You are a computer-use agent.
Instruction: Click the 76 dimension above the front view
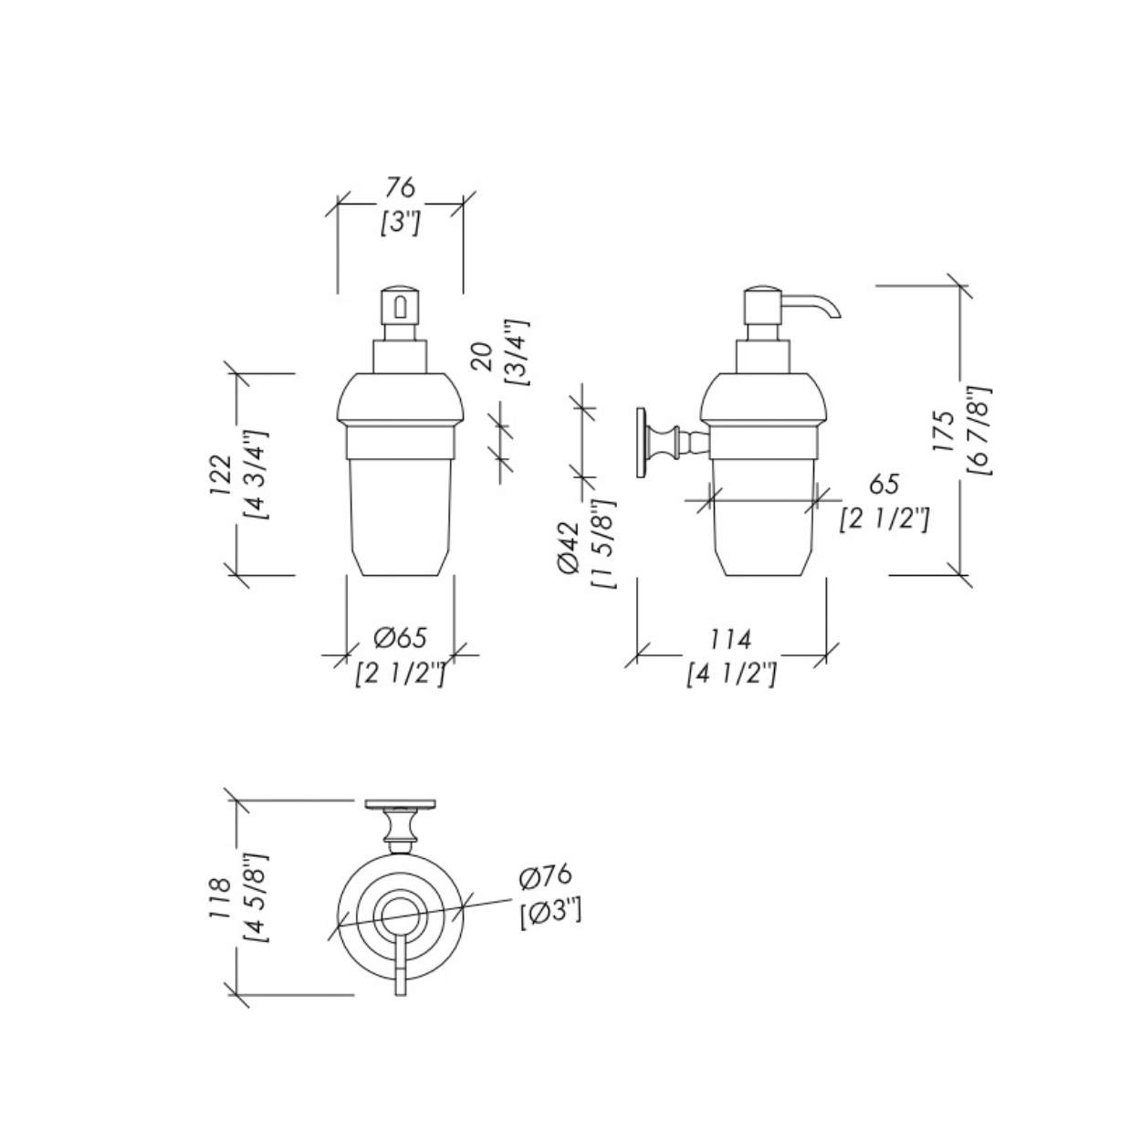pos(401,188)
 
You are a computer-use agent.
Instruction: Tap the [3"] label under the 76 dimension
pos(401,224)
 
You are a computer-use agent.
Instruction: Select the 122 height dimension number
pos(220,475)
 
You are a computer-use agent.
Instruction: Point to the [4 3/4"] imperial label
pos(257,475)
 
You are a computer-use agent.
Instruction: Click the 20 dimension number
pos(483,357)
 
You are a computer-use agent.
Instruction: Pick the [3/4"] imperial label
pos(516,353)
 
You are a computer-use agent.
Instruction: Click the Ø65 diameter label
pos(401,638)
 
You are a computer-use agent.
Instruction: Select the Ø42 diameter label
pos(569,547)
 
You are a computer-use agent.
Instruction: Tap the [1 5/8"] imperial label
pos(603,543)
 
